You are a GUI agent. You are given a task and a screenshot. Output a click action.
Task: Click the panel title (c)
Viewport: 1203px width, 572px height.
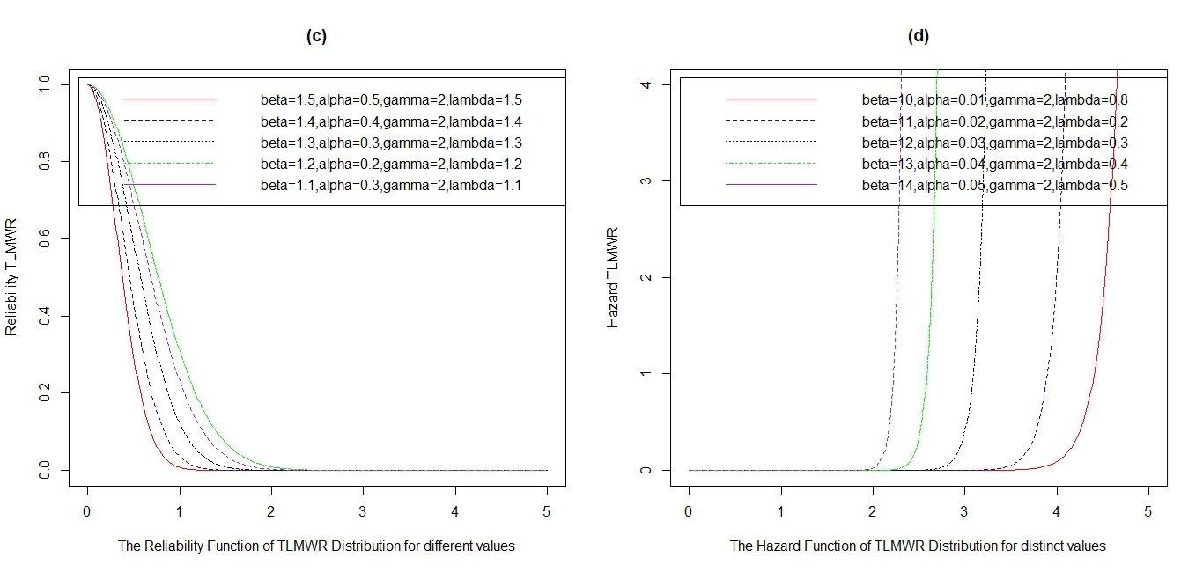coord(316,36)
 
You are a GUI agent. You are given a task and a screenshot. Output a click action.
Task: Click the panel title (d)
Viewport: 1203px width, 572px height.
coord(918,36)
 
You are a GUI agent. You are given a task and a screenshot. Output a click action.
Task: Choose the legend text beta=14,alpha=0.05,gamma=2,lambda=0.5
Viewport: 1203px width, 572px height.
coord(994,186)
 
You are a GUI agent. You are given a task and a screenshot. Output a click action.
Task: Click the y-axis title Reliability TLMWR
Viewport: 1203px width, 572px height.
coord(11,277)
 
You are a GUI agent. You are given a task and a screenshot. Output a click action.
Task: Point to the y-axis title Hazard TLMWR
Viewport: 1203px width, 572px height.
coord(613,277)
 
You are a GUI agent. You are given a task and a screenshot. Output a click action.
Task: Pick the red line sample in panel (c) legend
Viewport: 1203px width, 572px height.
coord(169,99)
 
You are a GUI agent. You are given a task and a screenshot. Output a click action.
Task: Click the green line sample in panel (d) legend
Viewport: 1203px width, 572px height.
coord(771,164)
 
